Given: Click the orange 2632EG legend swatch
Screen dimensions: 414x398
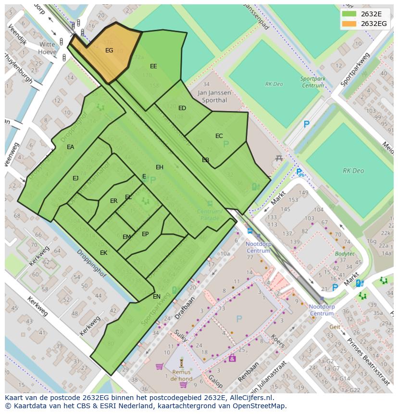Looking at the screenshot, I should [x=349, y=24].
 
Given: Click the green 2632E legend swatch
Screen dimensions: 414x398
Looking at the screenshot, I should [x=349, y=14].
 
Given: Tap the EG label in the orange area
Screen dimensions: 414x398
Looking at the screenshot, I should [x=109, y=50].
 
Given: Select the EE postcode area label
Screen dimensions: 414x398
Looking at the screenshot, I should [x=153, y=66].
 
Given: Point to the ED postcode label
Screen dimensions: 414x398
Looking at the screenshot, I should [x=182, y=108].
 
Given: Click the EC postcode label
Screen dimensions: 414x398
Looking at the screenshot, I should [x=219, y=136].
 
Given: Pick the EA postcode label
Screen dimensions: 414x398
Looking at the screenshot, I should [x=71, y=147].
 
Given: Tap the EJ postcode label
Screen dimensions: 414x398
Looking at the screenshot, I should [x=75, y=178].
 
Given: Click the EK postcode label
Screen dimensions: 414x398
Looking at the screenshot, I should [x=103, y=253].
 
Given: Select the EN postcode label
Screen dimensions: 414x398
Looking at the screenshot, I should [x=157, y=297].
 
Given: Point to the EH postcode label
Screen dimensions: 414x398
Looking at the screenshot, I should [x=160, y=167].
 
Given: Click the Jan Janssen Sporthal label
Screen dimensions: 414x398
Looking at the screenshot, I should [x=213, y=96].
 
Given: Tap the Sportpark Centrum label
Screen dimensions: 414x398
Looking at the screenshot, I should [x=312, y=82].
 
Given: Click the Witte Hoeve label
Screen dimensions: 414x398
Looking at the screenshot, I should [x=47, y=48].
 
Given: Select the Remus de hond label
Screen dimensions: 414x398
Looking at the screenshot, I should [x=181, y=375].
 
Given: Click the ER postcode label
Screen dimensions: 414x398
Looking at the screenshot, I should [x=113, y=201].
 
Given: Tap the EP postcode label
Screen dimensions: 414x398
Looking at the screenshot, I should [x=145, y=234].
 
